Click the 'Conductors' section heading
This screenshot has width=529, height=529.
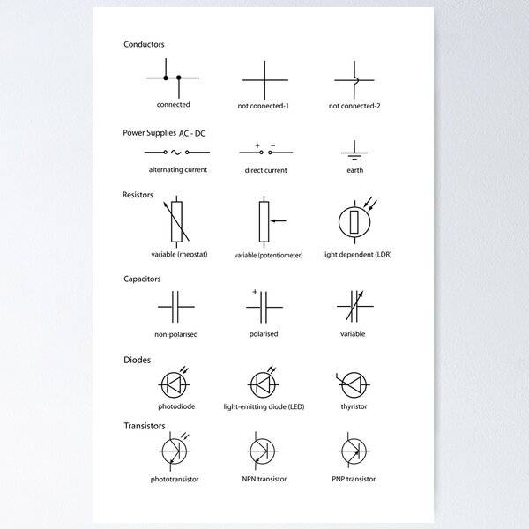(144, 44)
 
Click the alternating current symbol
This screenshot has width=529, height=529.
(173, 152)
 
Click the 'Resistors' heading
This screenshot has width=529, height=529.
(138, 194)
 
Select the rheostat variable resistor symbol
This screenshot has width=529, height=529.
(177, 220)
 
